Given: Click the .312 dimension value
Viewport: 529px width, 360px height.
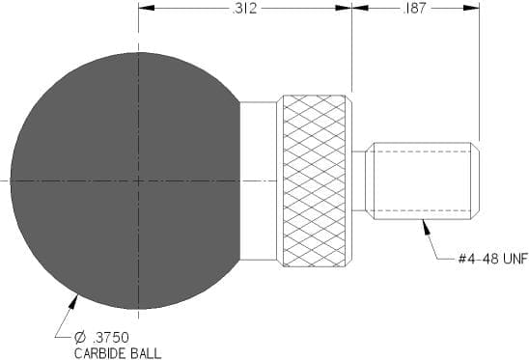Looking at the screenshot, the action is coord(244,8).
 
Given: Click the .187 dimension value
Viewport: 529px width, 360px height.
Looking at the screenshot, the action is coord(414,8).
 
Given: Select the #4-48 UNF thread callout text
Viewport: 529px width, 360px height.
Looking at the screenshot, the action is coord(493,259).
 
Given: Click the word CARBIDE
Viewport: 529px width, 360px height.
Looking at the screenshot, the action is coord(100,353).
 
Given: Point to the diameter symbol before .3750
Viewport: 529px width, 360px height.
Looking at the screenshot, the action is coord(81,337).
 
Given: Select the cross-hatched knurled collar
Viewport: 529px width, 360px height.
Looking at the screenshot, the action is coord(314,180).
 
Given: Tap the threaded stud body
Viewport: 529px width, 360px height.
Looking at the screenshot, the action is coord(422,180).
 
